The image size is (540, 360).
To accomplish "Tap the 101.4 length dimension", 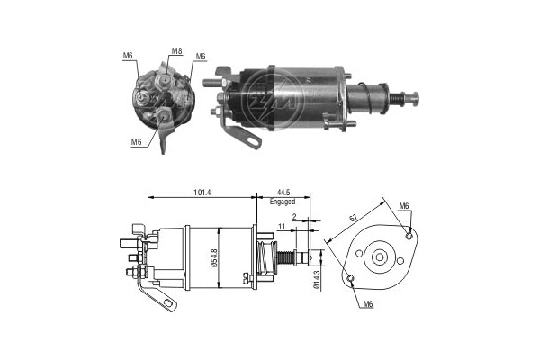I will (x=202, y=191).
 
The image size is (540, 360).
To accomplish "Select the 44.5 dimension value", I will (x=283, y=191).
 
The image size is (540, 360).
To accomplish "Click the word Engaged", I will (x=283, y=203).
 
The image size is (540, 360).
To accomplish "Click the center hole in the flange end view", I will (x=380, y=258).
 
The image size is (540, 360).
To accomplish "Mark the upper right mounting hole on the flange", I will (x=410, y=237).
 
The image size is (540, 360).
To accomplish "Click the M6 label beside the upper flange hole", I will (x=405, y=206).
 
